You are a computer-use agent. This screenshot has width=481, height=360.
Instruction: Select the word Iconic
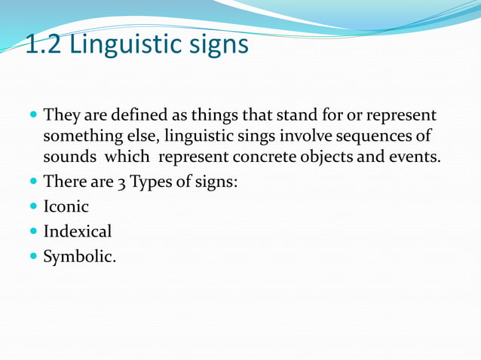[x=66, y=206]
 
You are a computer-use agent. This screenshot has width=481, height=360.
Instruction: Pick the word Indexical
[x=78, y=231]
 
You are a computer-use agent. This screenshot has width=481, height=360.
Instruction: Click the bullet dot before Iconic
[x=32, y=207]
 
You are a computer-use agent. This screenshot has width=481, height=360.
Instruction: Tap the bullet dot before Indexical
[x=32, y=232]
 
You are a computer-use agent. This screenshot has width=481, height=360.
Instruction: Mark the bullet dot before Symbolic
[x=32, y=257]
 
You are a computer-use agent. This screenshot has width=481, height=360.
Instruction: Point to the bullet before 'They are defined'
[x=32, y=117]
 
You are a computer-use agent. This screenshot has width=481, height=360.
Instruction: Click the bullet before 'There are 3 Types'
[x=32, y=182]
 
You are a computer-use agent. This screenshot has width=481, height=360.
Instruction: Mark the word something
[x=78, y=138]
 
